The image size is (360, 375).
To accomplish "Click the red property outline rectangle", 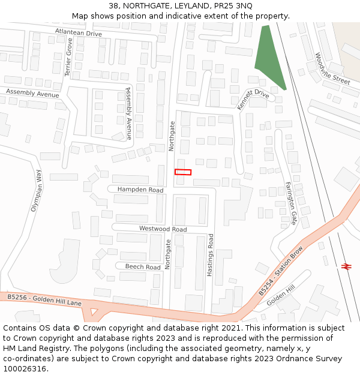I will click(x=183, y=172).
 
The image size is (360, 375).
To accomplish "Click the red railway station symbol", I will click(x=346, y=266).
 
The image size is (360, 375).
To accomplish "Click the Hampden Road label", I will click(x=140, y=190).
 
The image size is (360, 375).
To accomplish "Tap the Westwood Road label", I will click(x=163, y=229).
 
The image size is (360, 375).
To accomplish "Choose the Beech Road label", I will click(x=142, y=267).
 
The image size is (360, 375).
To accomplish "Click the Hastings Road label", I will click(x=210, y=254).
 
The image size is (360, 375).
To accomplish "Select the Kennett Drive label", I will click(x=253, y=98).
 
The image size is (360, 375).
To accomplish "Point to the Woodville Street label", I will click(x=332, y=68).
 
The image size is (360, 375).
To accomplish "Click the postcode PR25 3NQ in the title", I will click(x=233, y=6).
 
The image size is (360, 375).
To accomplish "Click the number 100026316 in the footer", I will click(x=24, y=368).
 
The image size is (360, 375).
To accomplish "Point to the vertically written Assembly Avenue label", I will click(x=128, y=113).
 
